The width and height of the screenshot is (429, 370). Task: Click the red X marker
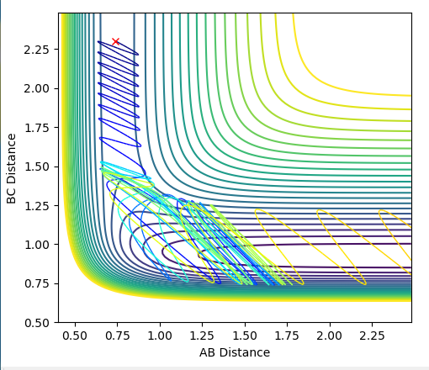pyautogui.click(x=115, y=42)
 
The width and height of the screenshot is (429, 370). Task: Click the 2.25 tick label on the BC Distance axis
pyautogui.click(x=36, y=50)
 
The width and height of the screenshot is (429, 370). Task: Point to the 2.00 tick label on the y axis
pyautogui.click(x=36, y=89)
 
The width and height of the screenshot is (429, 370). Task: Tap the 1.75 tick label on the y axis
pyautogui.click(x=36, y=128)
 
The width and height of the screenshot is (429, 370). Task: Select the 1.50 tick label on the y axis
pyautogui.click(x=36, y=166)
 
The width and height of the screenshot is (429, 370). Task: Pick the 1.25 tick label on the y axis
pyautogui.click(x=36, y=206)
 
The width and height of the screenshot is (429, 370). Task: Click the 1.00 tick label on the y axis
pyautogui.click(x=36, y=245)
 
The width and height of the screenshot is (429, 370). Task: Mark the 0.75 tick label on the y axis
pyautogui.click(x=36, y=283)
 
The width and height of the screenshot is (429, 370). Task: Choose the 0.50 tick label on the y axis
pyautogui.click(x=36, y=323)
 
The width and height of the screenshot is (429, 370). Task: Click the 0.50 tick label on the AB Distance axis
pyautogui.click(x=75, y=336)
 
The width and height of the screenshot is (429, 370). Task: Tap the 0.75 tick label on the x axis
pyautogui.click(x=117, y=336)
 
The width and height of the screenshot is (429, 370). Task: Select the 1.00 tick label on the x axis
pyautogui.click(x=160, y=336)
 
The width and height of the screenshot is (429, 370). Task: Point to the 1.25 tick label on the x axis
pyautogui.click(x=202, y=336)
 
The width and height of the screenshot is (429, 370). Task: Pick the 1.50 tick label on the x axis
pyautogui.click(x=245, y=336)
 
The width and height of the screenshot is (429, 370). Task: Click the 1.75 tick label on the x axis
pyautogui.click(x=287, y=336)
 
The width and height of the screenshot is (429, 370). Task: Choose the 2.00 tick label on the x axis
pyautogui.click(x=330, y=336)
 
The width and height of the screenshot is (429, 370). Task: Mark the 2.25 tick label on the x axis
pyautogui.click(x=372, y=336)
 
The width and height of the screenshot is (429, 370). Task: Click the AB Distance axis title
pyautogui.click(x=235, y=352)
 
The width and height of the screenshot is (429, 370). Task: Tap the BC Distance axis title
pyautogui.click(x=11, y=168)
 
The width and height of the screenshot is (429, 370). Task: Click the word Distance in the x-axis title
pyautogui.click(x=245, y=352)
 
